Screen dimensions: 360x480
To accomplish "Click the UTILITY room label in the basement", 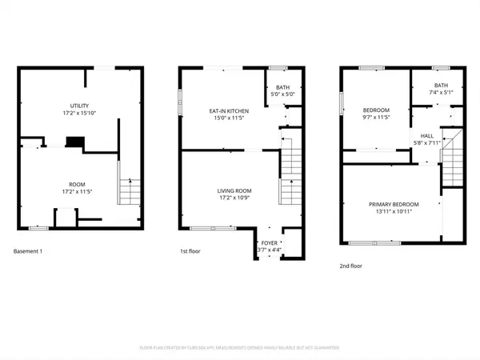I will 78,106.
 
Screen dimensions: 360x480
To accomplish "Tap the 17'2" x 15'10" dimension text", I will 78,114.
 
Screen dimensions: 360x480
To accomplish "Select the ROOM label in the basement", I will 78,184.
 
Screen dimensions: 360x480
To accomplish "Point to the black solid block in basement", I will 74,142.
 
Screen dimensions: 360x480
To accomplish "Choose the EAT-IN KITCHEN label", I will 229,110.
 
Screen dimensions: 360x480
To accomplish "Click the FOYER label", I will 270,242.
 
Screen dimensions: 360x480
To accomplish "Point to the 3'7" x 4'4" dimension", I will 269,250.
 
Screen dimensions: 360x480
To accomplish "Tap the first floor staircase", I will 288,172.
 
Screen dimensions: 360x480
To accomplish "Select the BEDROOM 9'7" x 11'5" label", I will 375,110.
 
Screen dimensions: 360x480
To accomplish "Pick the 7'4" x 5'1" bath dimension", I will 442,93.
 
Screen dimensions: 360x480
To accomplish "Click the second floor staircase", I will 452,160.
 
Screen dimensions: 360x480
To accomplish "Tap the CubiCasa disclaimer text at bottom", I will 239,348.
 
